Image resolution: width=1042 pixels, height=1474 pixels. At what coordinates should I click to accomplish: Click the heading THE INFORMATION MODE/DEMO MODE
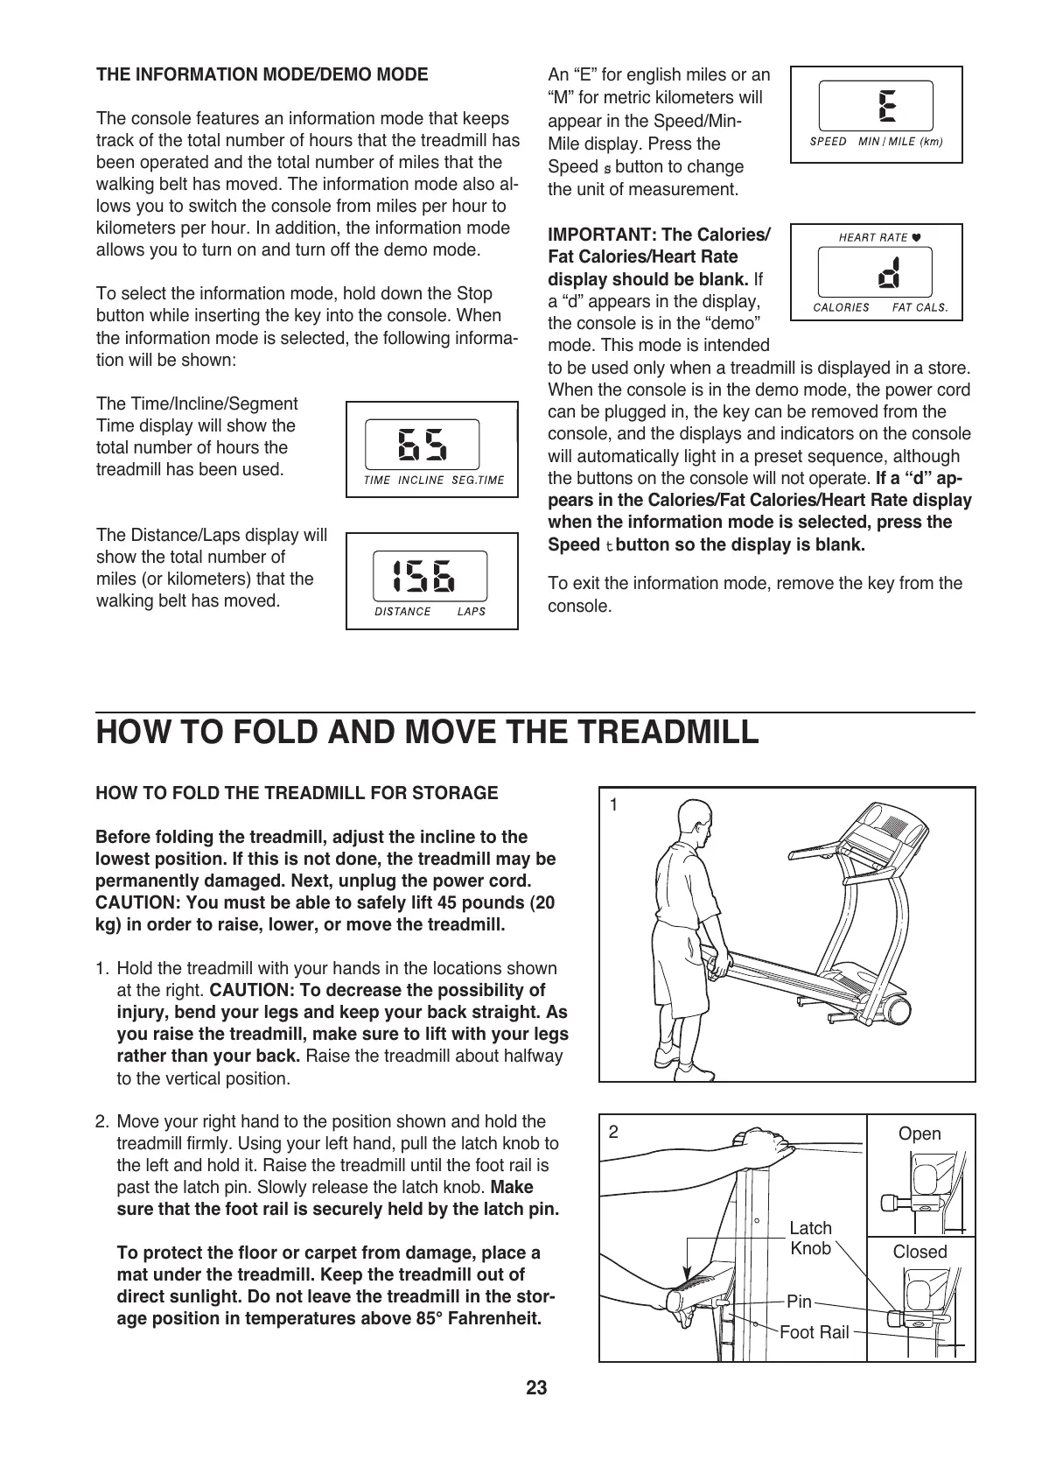point(262,74)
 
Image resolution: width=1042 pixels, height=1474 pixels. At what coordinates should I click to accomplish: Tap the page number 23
point(536,1388)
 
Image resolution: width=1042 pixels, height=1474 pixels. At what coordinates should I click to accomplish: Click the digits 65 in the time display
point(423,445)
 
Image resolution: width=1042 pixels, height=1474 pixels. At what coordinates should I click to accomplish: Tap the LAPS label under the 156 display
point(471,612)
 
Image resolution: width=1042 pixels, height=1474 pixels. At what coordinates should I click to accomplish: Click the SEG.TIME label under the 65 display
point(478,480)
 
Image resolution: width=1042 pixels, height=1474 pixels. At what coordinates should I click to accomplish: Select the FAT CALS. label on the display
point(920,308)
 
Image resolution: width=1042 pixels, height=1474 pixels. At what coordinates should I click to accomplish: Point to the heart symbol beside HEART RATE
point(916,237)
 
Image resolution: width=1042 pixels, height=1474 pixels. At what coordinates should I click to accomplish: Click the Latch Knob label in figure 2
point(811,1238)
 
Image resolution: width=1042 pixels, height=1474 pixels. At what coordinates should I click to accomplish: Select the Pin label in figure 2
point(799,1302)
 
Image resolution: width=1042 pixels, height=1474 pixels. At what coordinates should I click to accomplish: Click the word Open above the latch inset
point(920,1134)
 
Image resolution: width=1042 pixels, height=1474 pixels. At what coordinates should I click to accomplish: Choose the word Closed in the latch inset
point(920,1252)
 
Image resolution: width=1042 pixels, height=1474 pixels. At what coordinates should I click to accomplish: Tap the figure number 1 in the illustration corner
point(614,804)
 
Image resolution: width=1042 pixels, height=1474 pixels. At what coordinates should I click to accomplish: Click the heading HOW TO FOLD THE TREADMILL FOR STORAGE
point(297,793)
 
